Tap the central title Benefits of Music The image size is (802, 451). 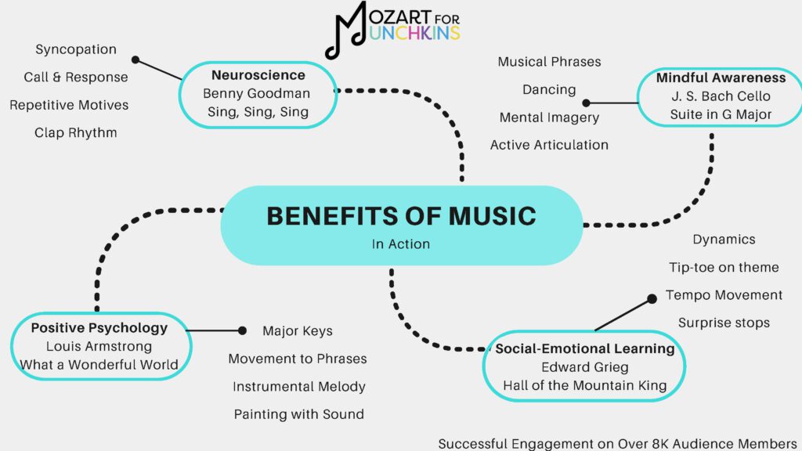click(401, 215)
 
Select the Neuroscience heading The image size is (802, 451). click(258, 76)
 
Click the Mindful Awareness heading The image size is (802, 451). click(721, 78)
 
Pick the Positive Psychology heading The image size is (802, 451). click(99, 328)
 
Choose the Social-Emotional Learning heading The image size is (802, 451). click(585, 348)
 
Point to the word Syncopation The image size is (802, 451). click(76, 49)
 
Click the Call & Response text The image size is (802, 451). click(76, 77)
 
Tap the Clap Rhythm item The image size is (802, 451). click(76, 132)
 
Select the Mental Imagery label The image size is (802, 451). click(549, 117)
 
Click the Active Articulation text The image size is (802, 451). click(549, 145)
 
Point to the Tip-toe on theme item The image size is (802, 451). click(724, 267)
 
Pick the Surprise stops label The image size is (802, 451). click(724, 323)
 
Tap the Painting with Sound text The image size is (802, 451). click(298, 414)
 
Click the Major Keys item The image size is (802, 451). click(298, 330)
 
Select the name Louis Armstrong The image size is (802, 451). click(99, 346)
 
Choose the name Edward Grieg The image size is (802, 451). click(585, 366)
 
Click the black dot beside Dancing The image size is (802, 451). click(586, 103)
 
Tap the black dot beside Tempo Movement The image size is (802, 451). click(652, 298)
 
